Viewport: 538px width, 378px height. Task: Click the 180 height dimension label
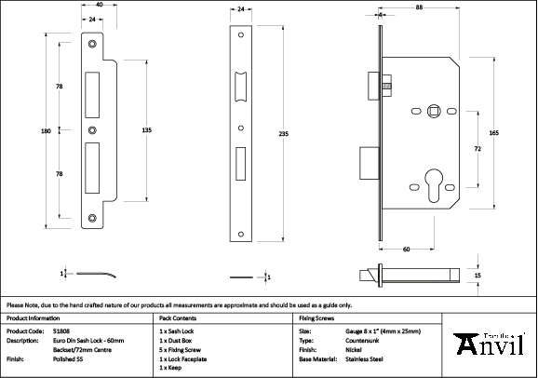tap(47, 131)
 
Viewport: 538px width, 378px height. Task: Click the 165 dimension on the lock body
tap(493, 133)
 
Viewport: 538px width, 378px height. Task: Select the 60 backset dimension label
tap(408, 250)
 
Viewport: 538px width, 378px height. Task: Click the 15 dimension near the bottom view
tap(478, 277)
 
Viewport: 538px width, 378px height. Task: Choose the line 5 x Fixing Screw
tap(179, 348)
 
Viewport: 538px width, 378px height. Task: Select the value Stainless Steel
tap(365, 358)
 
